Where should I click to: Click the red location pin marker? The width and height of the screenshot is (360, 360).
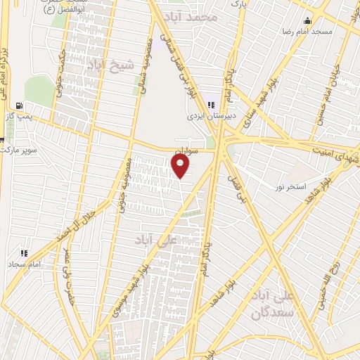(181, 167)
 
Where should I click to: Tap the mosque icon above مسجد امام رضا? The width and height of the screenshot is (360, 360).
(307, 20)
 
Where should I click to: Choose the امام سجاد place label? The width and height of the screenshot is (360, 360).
(25, 264)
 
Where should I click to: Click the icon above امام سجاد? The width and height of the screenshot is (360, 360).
(25, 252)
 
